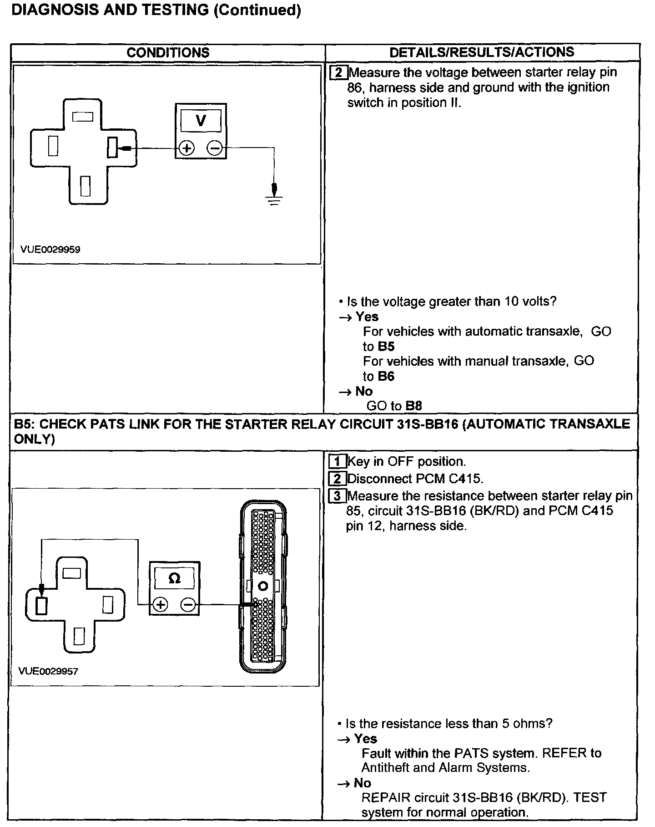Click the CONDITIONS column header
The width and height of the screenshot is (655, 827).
(168, 52)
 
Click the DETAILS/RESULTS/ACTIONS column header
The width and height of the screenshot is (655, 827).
(482, 52)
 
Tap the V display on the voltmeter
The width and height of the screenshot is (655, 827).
(201, 121)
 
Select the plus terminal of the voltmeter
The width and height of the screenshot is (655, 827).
(186, 148)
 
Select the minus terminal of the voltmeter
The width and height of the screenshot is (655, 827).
(215, 148)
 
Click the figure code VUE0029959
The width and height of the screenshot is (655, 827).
(50, 249)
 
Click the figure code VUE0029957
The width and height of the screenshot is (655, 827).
(48, 671)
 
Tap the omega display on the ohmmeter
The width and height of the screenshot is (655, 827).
(174, 578)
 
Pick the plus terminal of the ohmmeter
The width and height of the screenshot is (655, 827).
(160, 605)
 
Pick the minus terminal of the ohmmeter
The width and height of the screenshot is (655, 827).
(188, 605)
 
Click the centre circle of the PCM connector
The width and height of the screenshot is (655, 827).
(262, 586)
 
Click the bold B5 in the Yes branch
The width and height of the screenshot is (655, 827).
(386, 347)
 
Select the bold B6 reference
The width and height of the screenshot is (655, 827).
(385, 376)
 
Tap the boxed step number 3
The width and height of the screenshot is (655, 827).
(337, 496)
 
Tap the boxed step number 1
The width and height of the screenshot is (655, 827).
(337, 462)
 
